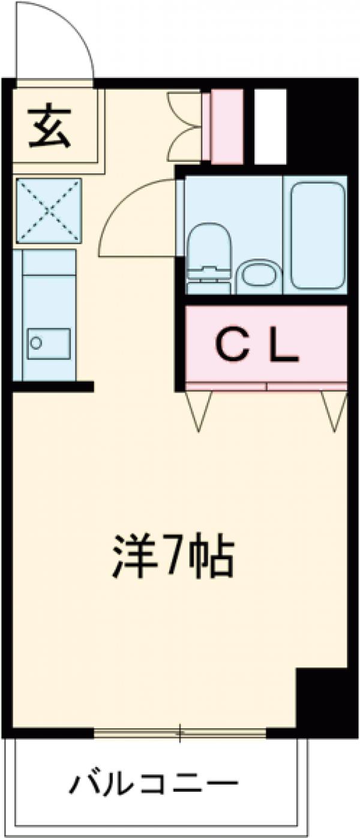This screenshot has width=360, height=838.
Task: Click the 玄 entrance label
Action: point(50,127)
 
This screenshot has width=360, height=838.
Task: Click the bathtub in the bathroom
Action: point(317,235)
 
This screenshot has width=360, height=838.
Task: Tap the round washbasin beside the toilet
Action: point(258,277)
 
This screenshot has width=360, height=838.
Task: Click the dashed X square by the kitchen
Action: point(48,211)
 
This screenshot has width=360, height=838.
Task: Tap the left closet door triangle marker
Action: point(199,410)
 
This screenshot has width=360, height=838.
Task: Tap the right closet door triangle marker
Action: point(334,410)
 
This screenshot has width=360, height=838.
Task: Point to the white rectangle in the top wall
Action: point(270,125)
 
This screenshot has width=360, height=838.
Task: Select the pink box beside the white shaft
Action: point(226,125)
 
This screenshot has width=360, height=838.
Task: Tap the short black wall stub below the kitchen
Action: point(54,386)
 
